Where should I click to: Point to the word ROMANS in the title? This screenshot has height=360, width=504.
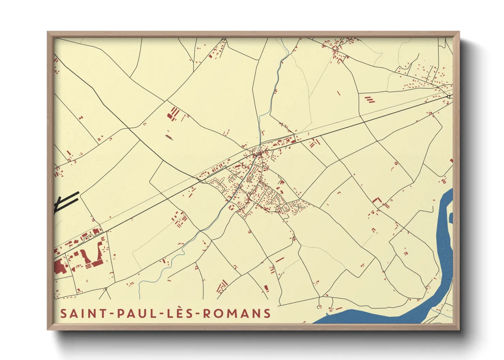pyautogui.click(x=237, y=313)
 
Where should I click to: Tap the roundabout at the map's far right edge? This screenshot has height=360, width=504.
pyautogui.click(x=449, y=97)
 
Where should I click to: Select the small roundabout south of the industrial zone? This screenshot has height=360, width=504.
pyautogui.click(x=106, y=289)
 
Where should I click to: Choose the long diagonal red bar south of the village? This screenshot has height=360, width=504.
pyautogui.click(x=280, y=260)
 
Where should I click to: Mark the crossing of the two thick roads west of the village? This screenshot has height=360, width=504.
pyautogui.click(x=202, y=180)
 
